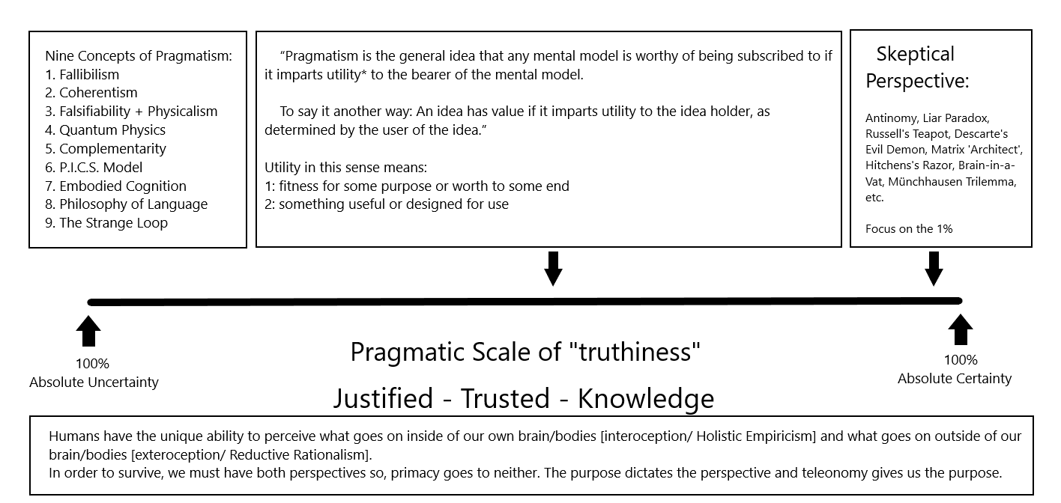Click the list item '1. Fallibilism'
pos(82,74)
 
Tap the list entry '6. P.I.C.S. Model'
pos(93,167)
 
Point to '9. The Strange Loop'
pos(106,223)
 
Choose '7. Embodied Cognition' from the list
pos(115,186)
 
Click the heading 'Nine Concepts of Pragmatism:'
pos(139,55)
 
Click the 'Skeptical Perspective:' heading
pos(916,67)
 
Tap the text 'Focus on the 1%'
pos(909,229)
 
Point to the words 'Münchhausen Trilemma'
pos(952,182)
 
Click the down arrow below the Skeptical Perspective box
pos(934,269)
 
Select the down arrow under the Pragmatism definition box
pos(553,269)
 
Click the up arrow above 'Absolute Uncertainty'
pos(89,332)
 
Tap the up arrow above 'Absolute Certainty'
pos(960,329)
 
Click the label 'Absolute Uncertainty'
pos(94,382)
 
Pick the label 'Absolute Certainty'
pos(955,379)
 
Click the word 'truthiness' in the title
pos(639,351)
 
